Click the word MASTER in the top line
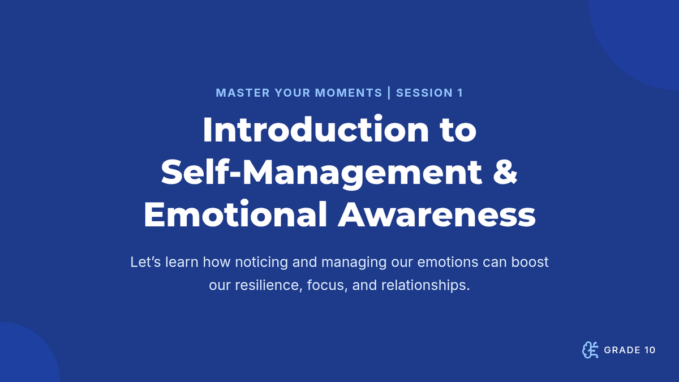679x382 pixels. coord(243,93)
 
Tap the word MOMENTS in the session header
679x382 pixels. coord(349,93)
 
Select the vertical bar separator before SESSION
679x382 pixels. coord(389,93)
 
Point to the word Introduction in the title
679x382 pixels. coord(316,130)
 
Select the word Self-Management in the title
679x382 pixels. coord(321,173)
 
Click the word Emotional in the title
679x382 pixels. coord(235,214)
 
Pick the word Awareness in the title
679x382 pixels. coord(437,214)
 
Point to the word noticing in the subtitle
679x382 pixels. coord(261,263)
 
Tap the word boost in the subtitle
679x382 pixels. coord(530,262)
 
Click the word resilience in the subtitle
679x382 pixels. coord(269,285)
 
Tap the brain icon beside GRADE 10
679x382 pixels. coord(590,350)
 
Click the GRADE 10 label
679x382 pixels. coord(630,350)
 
